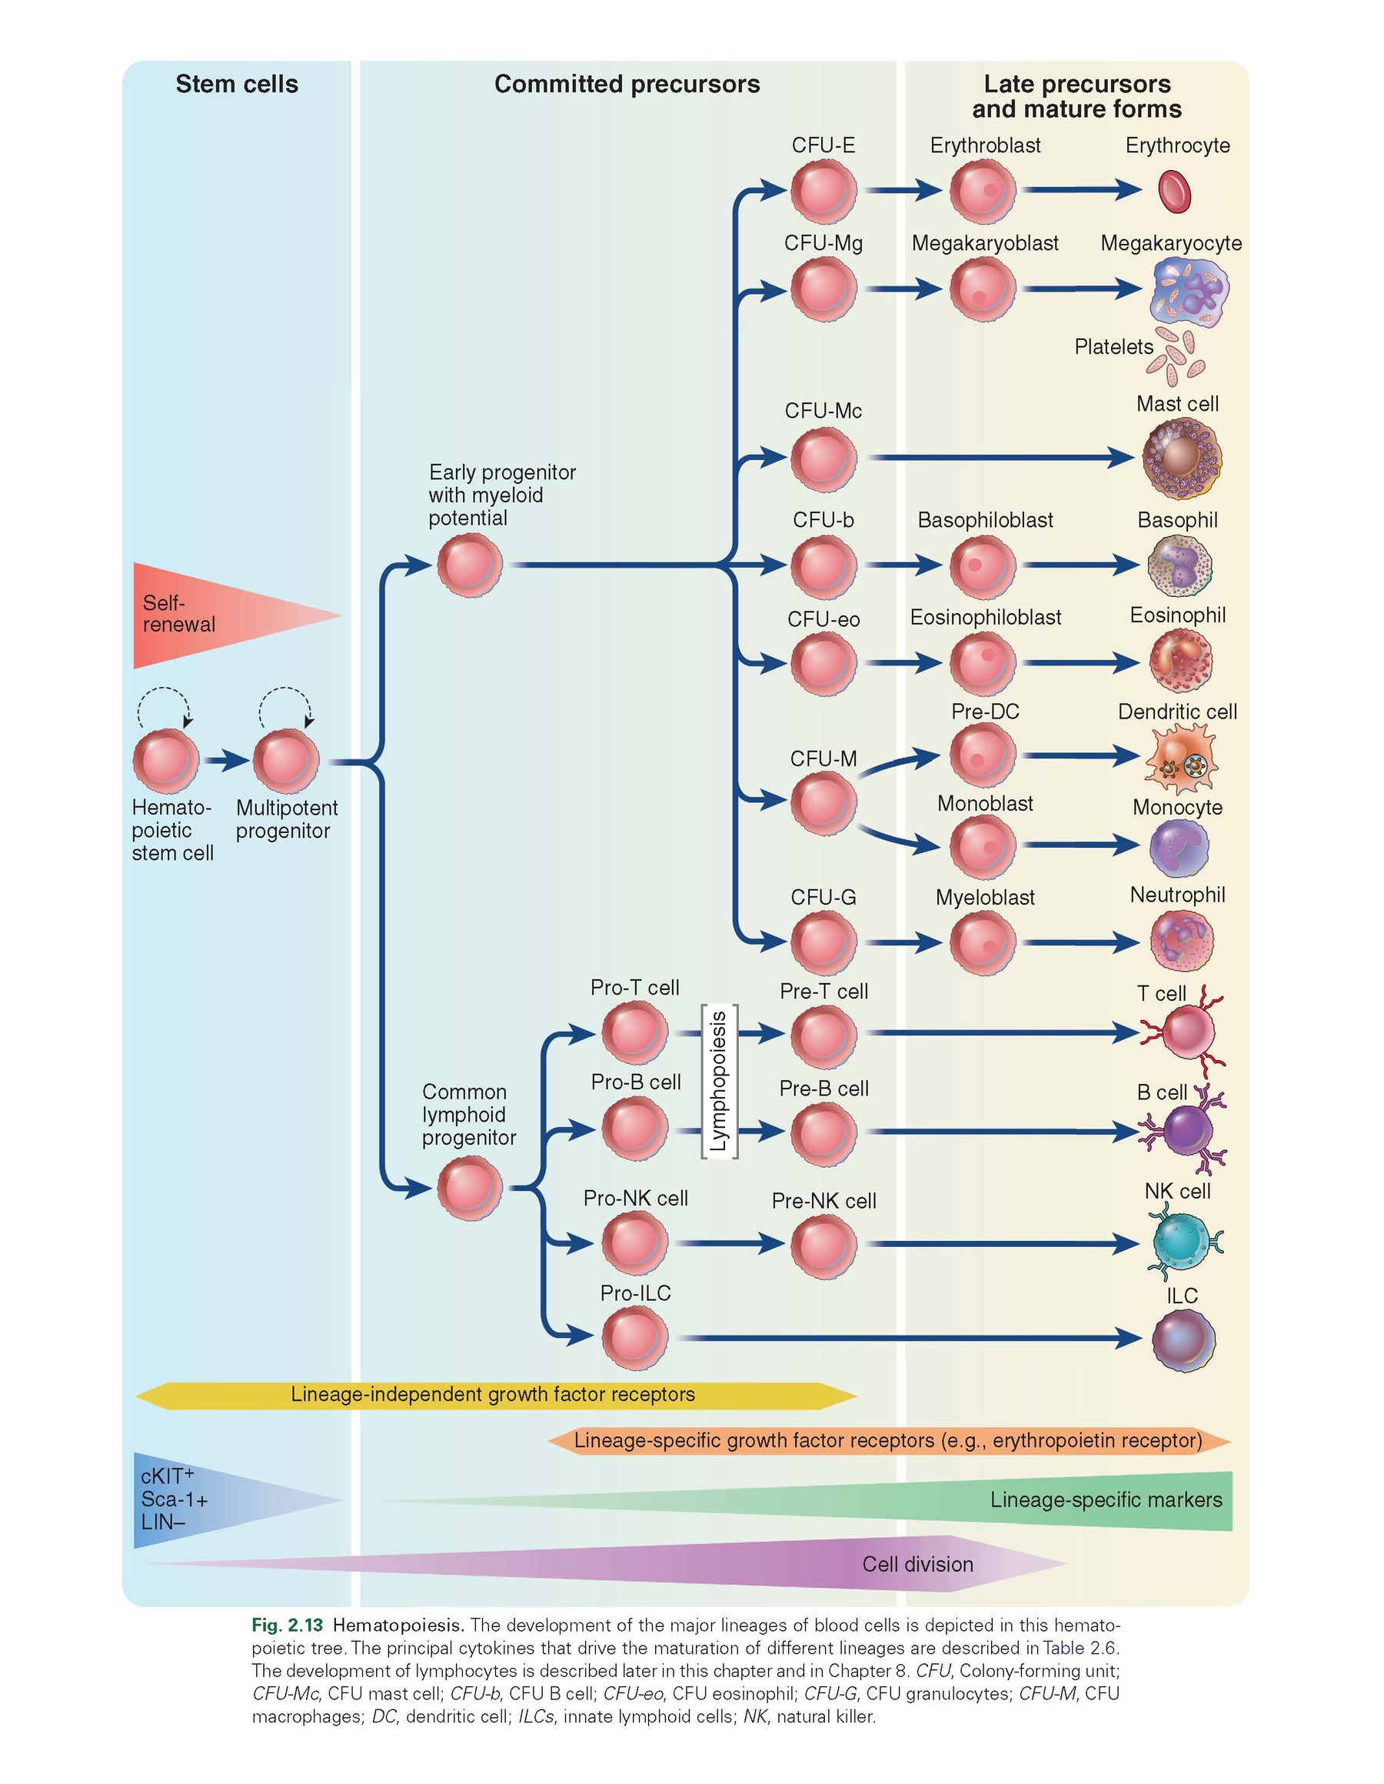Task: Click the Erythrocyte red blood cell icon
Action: coord(1175,191)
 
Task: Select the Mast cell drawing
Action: coord(1181,458)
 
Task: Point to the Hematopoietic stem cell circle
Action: coord(166,762)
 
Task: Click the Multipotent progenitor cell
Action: coord(286,762)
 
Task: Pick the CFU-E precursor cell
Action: coord(823,191)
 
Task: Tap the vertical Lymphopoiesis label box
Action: coord(719,1081)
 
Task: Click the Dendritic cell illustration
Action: coord(1181,758)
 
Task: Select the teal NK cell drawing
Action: coord(1182,1243)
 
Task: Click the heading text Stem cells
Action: coord(237,84)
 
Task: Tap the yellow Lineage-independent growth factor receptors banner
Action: coord(493,1395)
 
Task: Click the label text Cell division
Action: coord(918,1564)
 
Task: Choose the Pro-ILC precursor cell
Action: coord(634,1338)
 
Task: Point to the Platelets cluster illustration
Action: coord(1176,357)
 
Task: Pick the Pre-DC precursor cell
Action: coord(983,755)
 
